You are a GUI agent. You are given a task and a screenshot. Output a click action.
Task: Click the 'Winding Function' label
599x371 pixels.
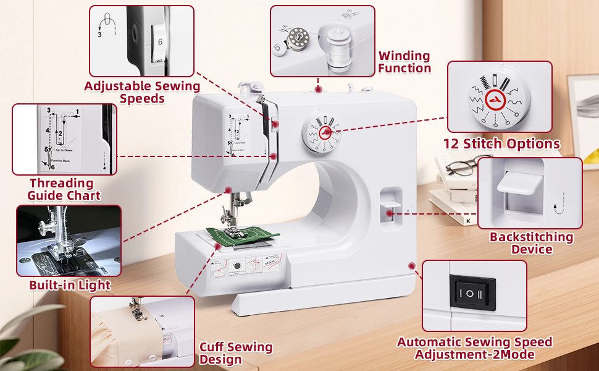pos(404,62)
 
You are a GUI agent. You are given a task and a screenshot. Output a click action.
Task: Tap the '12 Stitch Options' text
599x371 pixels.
pos(501,144)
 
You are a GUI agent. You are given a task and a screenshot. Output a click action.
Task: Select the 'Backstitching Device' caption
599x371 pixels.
pos(531,243)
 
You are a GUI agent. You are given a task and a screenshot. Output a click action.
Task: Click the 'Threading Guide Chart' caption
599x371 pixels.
pos(65,189)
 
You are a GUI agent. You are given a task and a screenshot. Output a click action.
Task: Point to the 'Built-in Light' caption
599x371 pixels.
pos(70,285)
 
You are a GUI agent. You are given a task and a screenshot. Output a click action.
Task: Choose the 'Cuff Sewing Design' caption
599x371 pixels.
pos(235,353)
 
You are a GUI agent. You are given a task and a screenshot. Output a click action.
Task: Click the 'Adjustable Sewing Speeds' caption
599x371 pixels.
pos(142,92)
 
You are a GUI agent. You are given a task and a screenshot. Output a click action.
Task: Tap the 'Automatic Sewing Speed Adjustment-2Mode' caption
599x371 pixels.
pos(474,348)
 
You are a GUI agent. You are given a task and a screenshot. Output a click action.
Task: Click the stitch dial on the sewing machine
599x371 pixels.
pos(320,135)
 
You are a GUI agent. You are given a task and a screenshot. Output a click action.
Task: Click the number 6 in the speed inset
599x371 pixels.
pos(160,42)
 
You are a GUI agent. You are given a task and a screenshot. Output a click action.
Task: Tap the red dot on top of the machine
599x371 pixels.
pos(318,89)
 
